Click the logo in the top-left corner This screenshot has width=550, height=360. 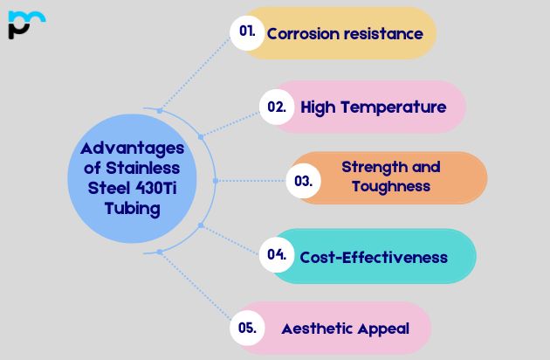point(26,24)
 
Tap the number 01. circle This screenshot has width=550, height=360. point(247,32)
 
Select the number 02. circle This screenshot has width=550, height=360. point(277,107)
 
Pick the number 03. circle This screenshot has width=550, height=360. point(303,181)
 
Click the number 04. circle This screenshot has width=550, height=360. point(277,255)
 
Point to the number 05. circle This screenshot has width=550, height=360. point(247,328)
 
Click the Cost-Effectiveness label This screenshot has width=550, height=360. point(374,257)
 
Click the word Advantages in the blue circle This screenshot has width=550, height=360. point(127,148)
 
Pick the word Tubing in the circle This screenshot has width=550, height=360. point(132,208)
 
